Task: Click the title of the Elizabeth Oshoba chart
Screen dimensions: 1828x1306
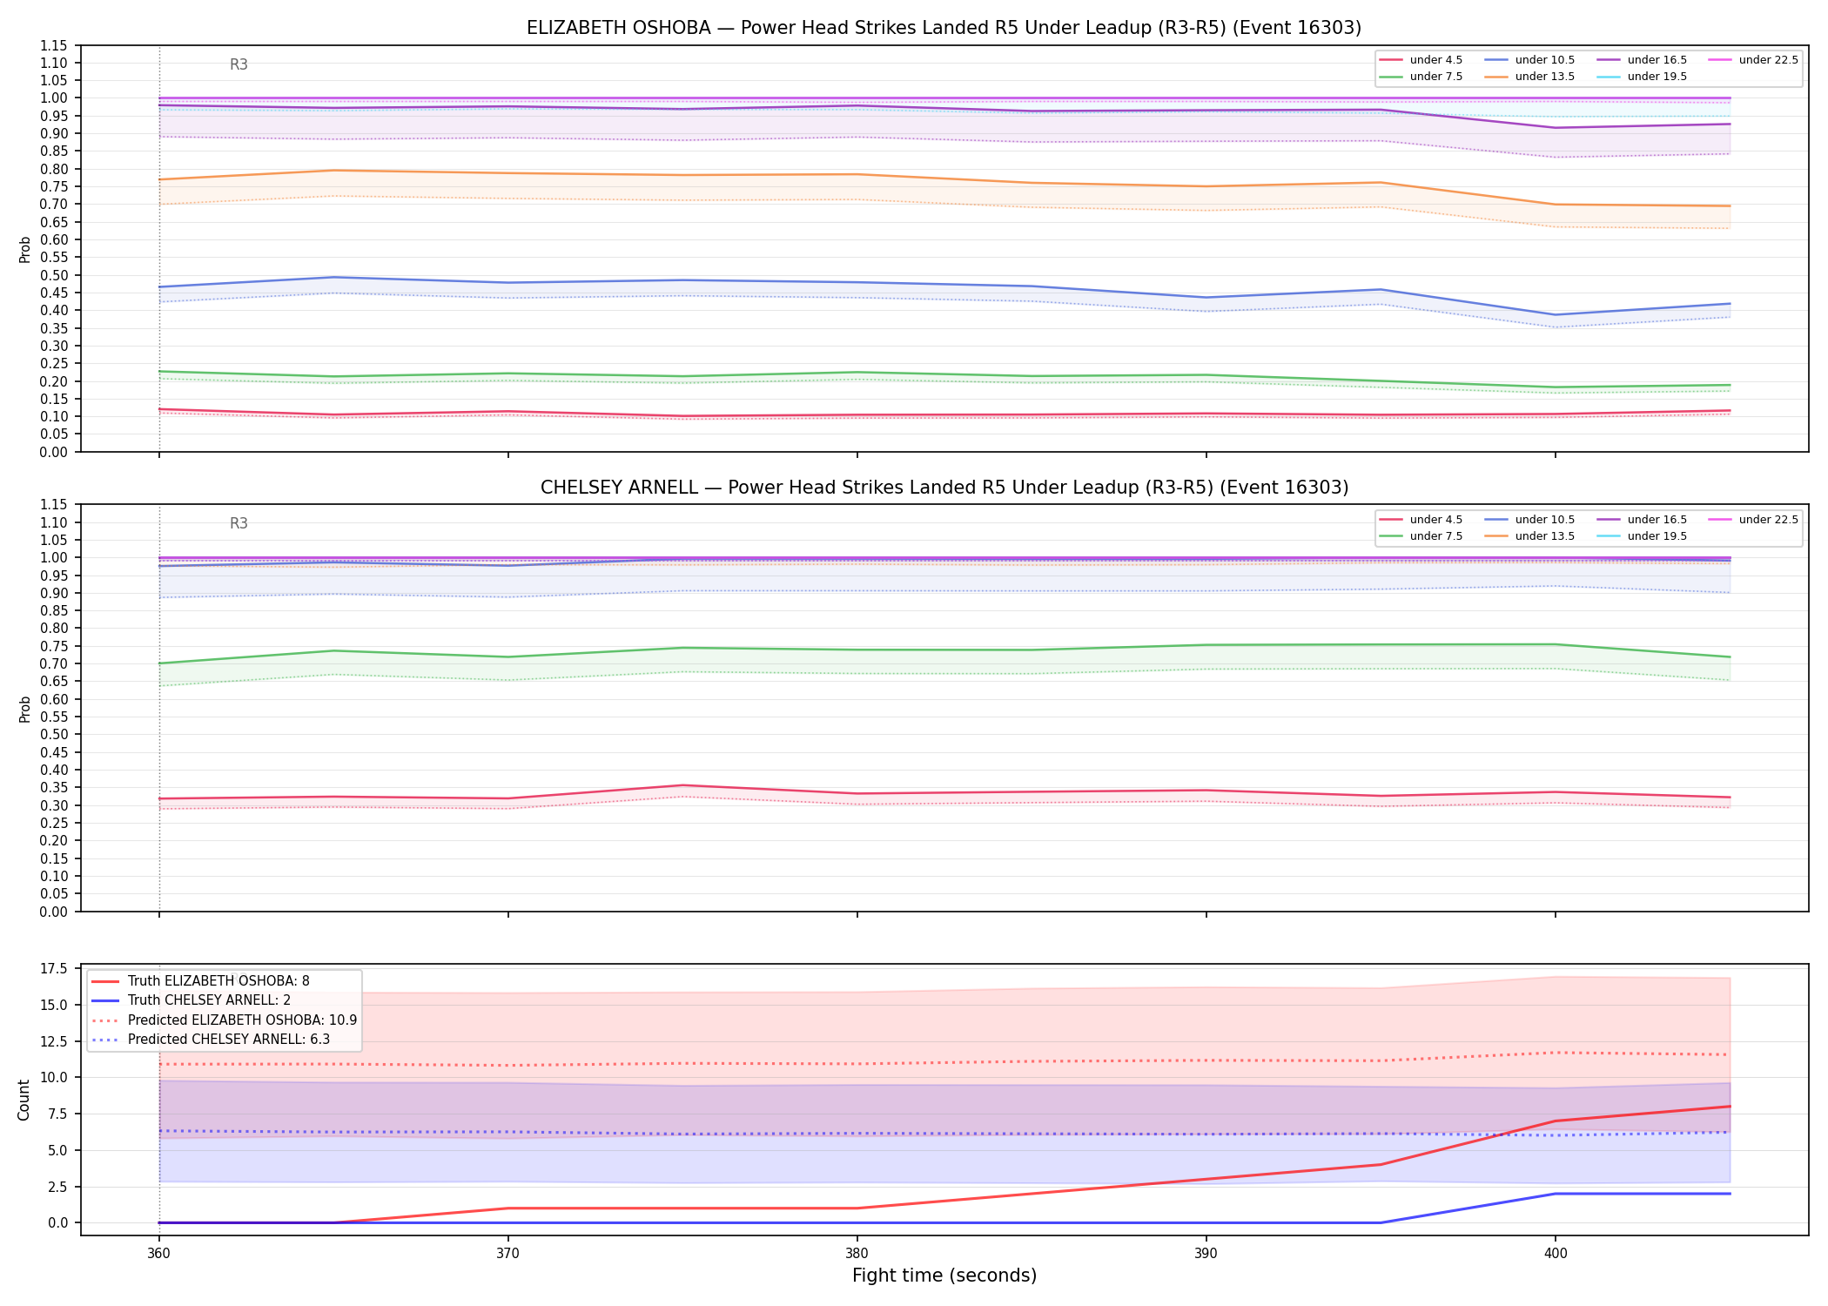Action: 944,28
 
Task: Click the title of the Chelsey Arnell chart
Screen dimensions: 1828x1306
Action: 944,488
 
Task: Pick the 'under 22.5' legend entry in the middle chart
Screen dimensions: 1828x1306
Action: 1753,520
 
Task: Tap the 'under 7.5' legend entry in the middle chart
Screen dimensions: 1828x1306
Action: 1421,536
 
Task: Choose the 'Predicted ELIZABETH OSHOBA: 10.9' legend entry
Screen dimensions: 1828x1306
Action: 225,1020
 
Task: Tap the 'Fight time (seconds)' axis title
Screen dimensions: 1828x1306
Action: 944,1276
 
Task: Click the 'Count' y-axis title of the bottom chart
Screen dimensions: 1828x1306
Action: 24,1100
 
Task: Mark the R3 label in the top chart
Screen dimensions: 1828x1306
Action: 239,64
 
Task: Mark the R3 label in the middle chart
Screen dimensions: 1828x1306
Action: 239,523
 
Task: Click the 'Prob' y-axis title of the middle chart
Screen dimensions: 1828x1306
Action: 24,709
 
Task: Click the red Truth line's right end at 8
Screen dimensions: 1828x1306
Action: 1730,1107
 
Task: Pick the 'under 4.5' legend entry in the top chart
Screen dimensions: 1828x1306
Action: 1421,60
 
